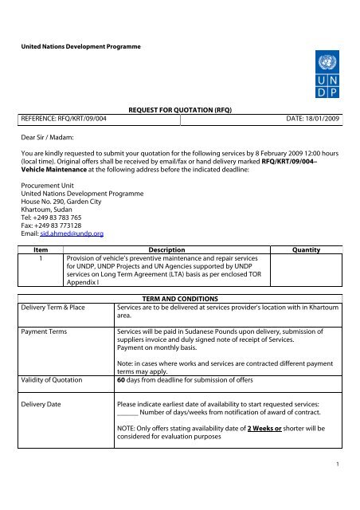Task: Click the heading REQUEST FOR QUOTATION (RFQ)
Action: pos(179,115)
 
